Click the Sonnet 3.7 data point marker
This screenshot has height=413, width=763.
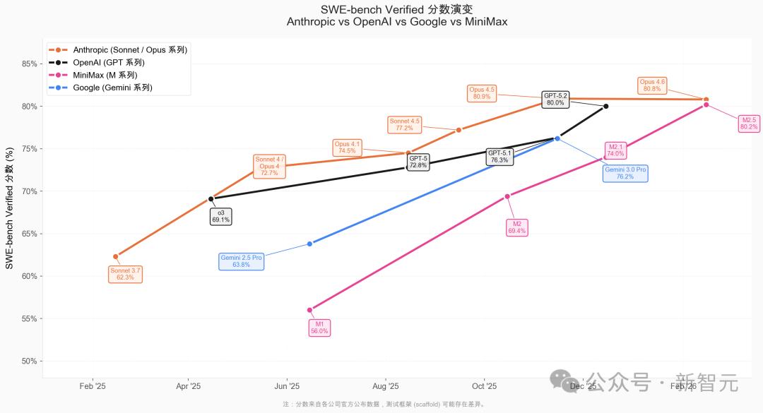point(116,256)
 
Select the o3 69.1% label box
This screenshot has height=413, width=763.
point(220,217)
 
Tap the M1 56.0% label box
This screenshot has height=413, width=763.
point(319,328)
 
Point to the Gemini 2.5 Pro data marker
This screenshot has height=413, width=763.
point(309,244)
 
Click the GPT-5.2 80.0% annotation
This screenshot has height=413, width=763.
point(555,99)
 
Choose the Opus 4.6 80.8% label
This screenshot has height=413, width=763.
point(652,85)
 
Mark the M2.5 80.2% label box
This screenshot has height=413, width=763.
point(749,124)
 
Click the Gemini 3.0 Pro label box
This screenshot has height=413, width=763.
point(625,173)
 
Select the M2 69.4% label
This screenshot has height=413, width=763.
point(517,227)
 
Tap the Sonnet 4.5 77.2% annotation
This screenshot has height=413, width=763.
point(404,124)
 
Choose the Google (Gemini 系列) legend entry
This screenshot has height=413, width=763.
point(112,88)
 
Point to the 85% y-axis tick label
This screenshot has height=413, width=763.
point(30,64)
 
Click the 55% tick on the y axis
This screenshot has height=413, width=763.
point(30,318)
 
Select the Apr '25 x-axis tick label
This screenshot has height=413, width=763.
point(188,386)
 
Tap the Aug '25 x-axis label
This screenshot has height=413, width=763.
point(385,386)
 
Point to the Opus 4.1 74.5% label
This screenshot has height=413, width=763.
point(347,148)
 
